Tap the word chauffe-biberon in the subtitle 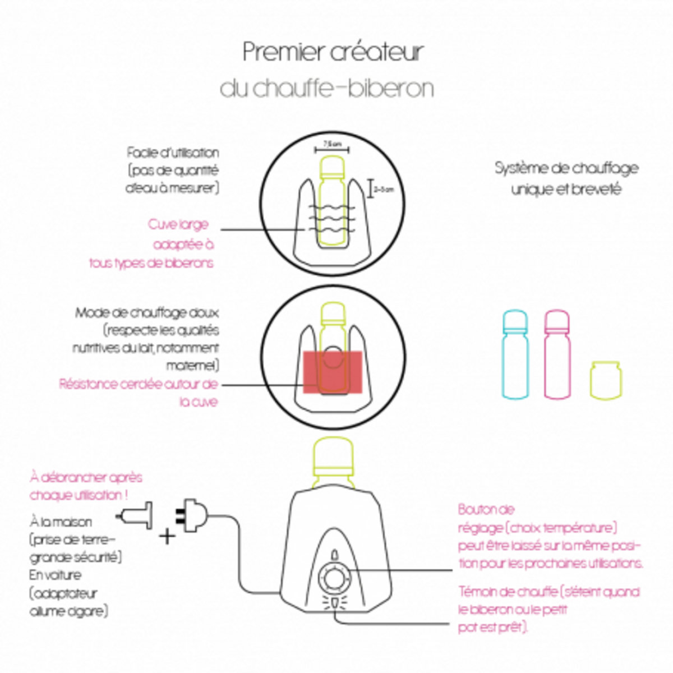[x=343, y=89]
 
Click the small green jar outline [x=605, y=380]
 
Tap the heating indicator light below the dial [x=334, y=603]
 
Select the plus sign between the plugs [x=167, y=536]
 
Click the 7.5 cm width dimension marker [x=332, y=147]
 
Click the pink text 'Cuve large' [x=178, y=224]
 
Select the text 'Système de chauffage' [x=566, y=168]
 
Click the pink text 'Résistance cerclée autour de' [x=138, y=385]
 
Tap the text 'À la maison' [x=61, y=522]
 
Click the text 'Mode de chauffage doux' [x=147, y=312]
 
